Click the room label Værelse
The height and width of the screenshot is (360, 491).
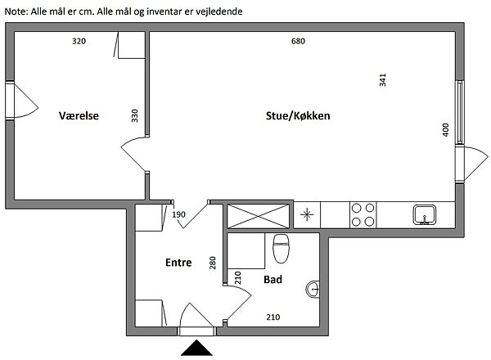(x=79, y=116)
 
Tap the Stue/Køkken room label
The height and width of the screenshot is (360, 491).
(x=297, y=116)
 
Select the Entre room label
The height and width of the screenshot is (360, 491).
(x=178, y=263)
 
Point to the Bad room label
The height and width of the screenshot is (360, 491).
(x=273, y=280)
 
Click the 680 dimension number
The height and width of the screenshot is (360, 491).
(x=298, y=41)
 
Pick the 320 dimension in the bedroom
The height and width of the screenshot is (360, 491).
(x=79, y=41)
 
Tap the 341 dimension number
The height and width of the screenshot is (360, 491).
(x=382, y=80)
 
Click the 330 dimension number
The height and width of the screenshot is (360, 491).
(x=135, y=116)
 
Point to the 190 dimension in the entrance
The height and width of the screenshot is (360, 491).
(x=179, y=215)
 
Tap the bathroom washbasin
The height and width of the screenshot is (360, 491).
(x=315, y=289)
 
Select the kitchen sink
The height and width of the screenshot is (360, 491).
(x=424, y=215)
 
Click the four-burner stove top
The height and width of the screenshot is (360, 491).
(x=363, y=215)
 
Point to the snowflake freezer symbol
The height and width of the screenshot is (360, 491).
(x=307, y=215)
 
